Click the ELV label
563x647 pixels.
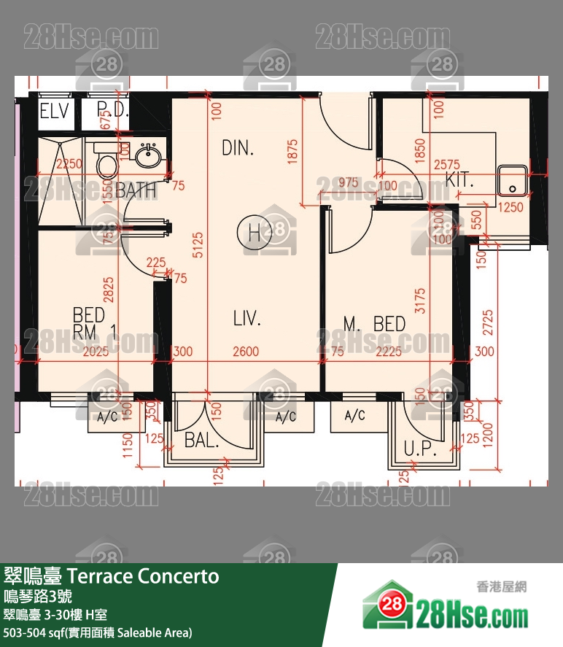[54, 112]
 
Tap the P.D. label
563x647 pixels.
[112, 112]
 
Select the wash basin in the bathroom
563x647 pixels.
[151, 155]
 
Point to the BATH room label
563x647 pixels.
[136, 191]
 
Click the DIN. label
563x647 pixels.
[238, 149]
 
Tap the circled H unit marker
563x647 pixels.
[254, 233]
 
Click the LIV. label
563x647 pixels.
[246, 319]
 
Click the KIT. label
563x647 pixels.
[459, 181]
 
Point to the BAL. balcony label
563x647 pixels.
[198, 440]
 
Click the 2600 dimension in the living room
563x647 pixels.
[245, 352]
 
